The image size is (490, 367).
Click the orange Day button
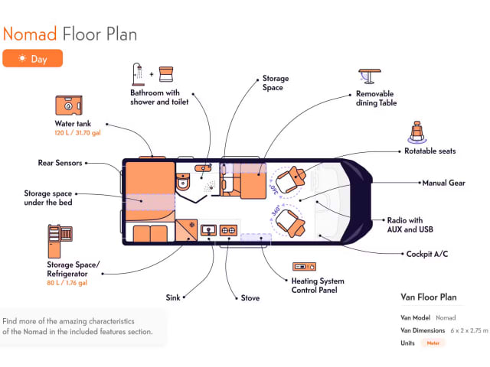(x=32, y=58)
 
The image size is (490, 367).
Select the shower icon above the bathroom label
(x=139, y=73)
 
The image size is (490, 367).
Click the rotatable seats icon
(x=418, y=132)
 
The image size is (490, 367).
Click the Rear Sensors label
(x=60, y=163)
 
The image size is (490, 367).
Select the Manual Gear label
(x=445, y=183)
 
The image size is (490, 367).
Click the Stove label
(x=250, y=298)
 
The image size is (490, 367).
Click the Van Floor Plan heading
(x=428, y=297)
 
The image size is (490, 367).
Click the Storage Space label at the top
(x=275, y=83)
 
